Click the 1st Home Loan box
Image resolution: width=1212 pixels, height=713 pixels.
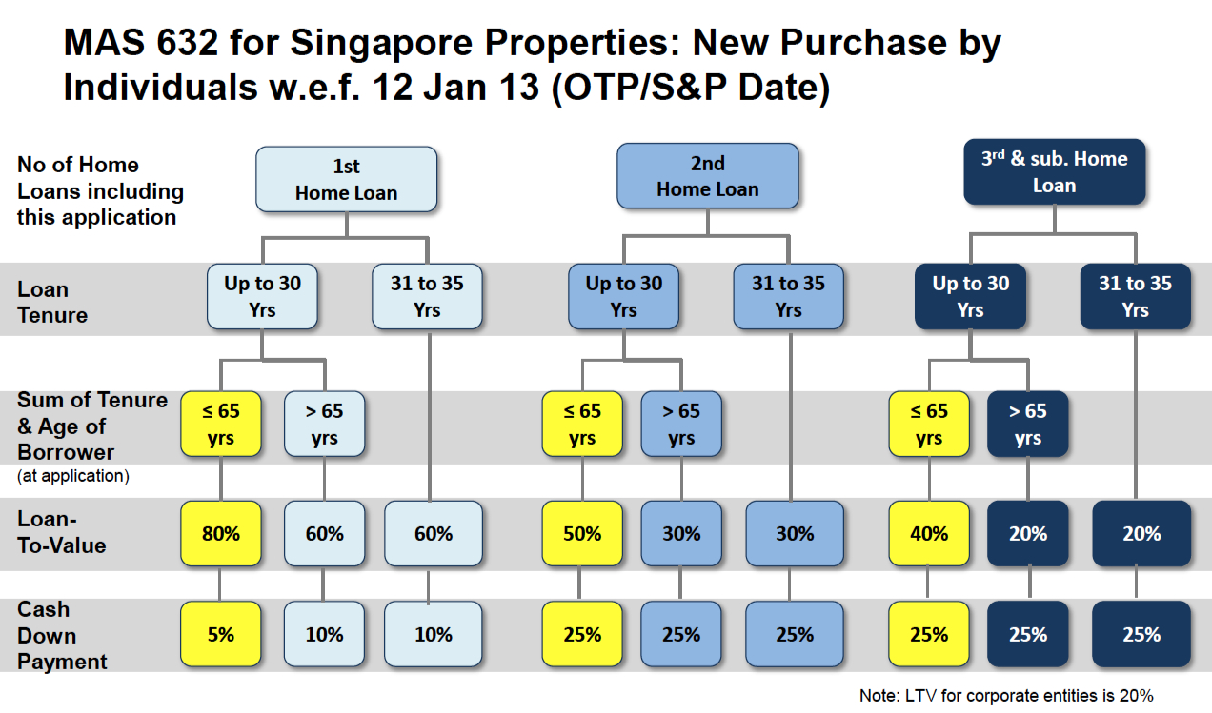click(346, 179)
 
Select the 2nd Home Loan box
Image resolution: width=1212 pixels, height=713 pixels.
click(707, 176)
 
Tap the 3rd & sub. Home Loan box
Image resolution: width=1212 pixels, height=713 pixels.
click(1054, 172)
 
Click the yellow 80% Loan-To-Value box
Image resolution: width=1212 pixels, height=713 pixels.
click(220, 534)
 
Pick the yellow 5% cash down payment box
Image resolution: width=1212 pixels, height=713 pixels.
click(220, 634)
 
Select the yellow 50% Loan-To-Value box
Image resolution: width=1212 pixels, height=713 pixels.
click(581, 534)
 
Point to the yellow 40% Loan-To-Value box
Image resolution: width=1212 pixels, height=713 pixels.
click(928, 534)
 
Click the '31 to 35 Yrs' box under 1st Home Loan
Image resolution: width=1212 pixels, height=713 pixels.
click(427, 296)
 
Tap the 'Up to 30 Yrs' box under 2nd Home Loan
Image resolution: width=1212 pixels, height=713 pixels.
click(623, 296)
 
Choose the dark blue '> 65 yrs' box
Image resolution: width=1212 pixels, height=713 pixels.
click(1028, 425)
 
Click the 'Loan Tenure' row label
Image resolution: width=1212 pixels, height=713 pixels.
click(52, 302)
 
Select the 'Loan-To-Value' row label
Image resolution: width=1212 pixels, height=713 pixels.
click(61, 532)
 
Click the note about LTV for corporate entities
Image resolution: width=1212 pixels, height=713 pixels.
click(1006, 696)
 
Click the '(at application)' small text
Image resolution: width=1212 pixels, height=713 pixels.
click(72, 476)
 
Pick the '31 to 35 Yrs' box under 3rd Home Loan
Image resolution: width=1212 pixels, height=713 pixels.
click(1135, 296)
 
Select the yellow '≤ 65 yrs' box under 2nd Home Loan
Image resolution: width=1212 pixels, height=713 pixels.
click(581, 425)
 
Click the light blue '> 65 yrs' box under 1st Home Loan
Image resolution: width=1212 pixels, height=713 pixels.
click(324, 425)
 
